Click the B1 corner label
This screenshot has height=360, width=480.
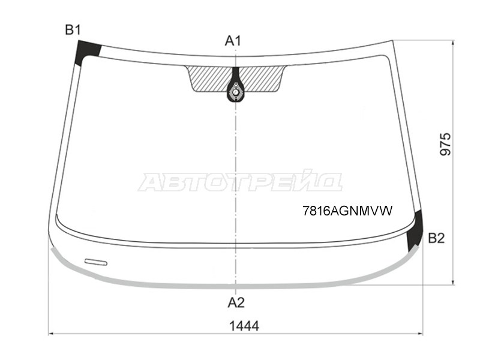pyautogui.click(x=73, y=30)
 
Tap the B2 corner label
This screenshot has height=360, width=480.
pyautogui.click(x=436, y=238)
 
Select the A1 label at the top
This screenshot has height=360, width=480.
pyautogui.click(x=233, y=41)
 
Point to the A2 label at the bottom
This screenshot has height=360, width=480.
pyautogui.click(x=236, y=302)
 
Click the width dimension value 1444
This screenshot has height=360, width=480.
pyautogui.click(x=244, y=326)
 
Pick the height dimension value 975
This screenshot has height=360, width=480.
pyautogui.click(x=445, y=144)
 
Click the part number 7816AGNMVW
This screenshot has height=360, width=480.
pyautogui.click(x=347, y=211)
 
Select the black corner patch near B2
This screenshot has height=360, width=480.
pyautogui.click(x=415, y=231)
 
